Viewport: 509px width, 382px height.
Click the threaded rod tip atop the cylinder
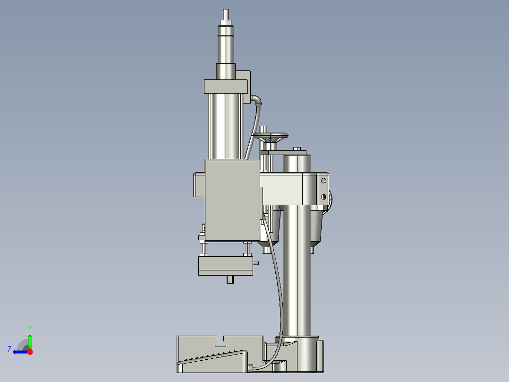tap(226, 14)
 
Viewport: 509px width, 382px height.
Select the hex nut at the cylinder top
tap(226, 22)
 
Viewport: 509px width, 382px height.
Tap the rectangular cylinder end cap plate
tap(226, 86)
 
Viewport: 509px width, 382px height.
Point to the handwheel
tap(271, 136)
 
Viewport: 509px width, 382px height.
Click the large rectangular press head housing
tap(232, 200)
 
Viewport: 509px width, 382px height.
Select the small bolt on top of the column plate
tap(297, 149)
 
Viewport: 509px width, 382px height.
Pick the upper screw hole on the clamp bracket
tap(324, 180)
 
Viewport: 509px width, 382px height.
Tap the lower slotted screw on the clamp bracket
tap(324, 197)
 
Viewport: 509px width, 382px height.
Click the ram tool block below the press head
tap(226, 266)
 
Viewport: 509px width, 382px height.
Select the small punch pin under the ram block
tap(230, 279)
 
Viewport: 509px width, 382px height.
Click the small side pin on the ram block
tap(255, 262)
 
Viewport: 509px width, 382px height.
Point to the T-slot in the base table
tap(220, 341)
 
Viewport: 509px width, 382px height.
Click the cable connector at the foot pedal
tap(250, 367)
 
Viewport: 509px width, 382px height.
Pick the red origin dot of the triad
tap(30, 352)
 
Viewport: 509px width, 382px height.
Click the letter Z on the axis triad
tap(9, 349)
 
